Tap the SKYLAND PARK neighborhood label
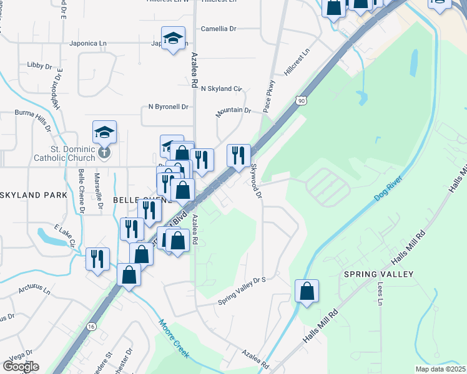pyautogui.click(x=32, y=195)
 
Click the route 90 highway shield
pyautogui.click(x=302, y=100)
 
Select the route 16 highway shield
pyautogui.click(x=92, y=327)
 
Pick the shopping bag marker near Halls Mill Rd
pyautogui.click(x=307, y=291)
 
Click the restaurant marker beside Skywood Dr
pyautogui.click(x=238, y=156)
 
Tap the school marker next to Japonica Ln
pyautogui.click(x=172, y=39)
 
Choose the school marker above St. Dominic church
pyautogui.click(x=105, y=132)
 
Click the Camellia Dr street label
pyautogui.click(x=219, y=29)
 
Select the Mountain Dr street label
pyautogui.click(x=233, y=111)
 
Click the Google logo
pyautogui.click(x=21, y=367)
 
